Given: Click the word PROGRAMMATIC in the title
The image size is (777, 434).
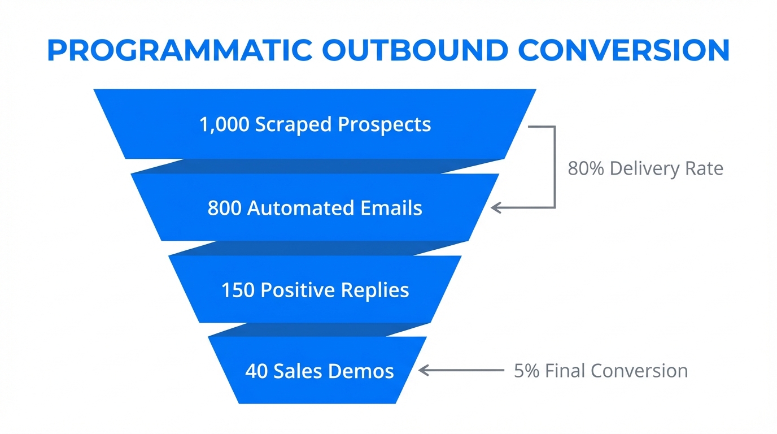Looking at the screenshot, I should [x=179, y=51].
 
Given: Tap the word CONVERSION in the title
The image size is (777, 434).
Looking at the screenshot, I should [x=625, y=51].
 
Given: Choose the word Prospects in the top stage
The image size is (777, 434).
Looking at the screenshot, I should [x=384, y=124].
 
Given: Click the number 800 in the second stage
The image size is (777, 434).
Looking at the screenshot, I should [x=225, y=208].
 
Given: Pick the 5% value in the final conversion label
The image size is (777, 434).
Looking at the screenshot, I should [x=526, y=371].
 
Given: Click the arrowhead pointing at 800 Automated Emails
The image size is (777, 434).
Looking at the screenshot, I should [x=496, y=208].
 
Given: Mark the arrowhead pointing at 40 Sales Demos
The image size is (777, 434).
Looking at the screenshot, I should [x=424, y=371].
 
